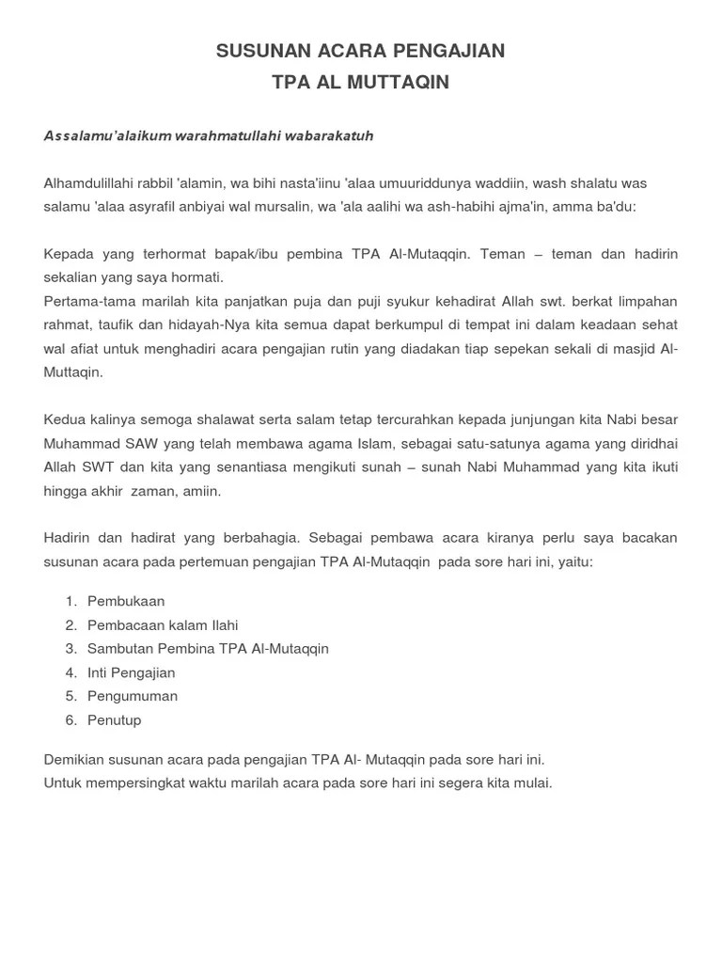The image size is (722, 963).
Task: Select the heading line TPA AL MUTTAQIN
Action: click(x=361, y=83)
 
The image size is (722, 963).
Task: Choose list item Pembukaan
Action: click(x=125, y=601)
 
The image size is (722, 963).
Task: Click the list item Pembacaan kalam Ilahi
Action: click(x=163, y=624)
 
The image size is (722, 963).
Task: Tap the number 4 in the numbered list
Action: click(x=71, y=672)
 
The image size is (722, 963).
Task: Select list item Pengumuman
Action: click(x=133, y=696)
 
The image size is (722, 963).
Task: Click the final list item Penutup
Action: click(x=114, y=720)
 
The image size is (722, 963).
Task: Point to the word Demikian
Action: click(x=74, y=759)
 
